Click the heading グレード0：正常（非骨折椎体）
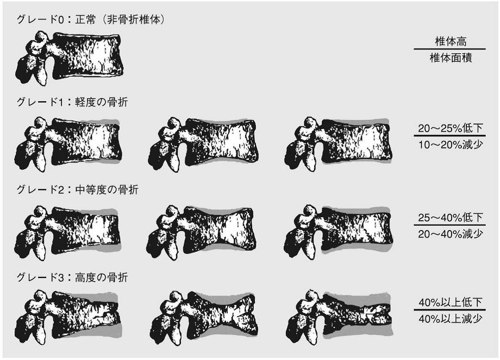[91, 20]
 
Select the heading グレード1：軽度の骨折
[72, 102]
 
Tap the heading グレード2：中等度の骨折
[78, 190]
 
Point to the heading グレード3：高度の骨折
[72, 277]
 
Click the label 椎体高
[451, 41]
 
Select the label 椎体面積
[451, 58]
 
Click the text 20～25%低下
[450, 128]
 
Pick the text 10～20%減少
[450, 145]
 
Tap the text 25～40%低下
[450, 218]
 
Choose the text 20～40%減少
[450, 234]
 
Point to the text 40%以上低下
[450, 302]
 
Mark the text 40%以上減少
[450, 319]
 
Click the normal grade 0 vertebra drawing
[69, 58]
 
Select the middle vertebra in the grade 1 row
[203, 144]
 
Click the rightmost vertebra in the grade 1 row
[339, 144]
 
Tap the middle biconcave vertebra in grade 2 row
[202, 232]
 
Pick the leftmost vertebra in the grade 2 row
[67, 233]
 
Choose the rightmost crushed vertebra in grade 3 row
[339, 317]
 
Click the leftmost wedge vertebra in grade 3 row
[67, 317]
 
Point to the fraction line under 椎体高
[449, 49]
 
